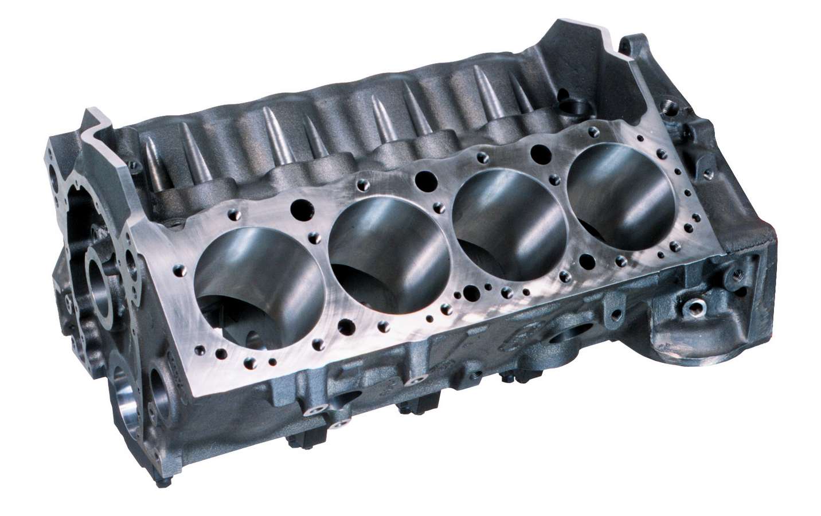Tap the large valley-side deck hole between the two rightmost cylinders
(539, 152)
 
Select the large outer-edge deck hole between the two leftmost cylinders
(346, 327)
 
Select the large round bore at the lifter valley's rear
(573, 106)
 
